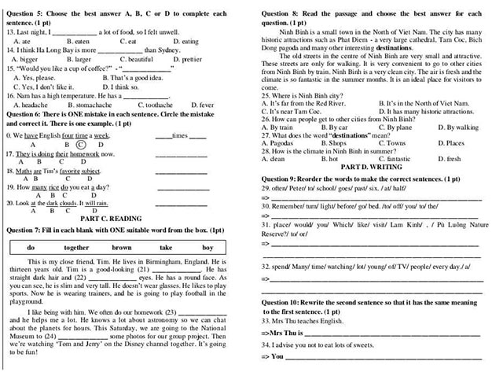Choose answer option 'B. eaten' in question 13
[78, 40]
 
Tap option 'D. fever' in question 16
[201, 104]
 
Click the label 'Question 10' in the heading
[284, 301]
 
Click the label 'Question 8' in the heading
[281, 13]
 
